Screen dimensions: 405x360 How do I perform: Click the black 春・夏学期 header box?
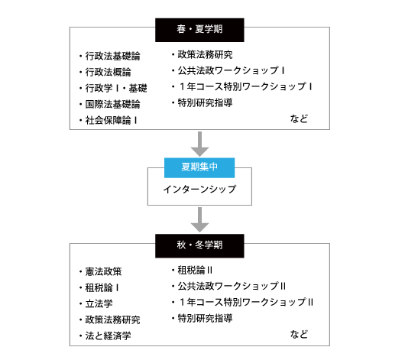tap(199, 30)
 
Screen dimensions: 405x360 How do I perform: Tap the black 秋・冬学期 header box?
tap(199, 246)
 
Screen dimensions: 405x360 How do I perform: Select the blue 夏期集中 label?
tap(199, 167)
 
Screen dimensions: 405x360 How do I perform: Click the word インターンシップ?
tap(199, 190)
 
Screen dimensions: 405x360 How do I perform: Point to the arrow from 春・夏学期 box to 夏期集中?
tap(199, 144)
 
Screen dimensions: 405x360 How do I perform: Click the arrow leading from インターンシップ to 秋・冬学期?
tap(199, 219)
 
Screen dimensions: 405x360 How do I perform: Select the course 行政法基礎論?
tap(112, 56)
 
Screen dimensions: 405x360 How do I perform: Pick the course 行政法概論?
tap(108, 72)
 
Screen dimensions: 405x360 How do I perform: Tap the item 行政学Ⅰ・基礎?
tap(116, 88)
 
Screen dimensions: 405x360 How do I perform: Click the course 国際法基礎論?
tap(112, 104)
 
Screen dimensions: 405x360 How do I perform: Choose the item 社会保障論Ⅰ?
tap(111, 120)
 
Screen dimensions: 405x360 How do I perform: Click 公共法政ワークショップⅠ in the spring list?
tap(232, 70)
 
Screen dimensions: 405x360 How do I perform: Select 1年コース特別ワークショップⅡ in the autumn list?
tap(245, 302)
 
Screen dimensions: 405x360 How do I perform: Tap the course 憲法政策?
tap(104, 271)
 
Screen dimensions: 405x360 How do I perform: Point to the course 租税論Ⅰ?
tap(102, 287)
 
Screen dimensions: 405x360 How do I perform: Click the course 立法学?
tap(99, 303)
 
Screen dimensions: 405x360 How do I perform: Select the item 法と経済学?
tap(108, 336)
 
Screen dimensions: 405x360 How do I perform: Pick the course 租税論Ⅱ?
tap(195, 270)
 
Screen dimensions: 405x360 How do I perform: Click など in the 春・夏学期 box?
tap(299, 118)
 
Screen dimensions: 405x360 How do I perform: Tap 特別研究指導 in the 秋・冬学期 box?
tap(205, 318)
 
